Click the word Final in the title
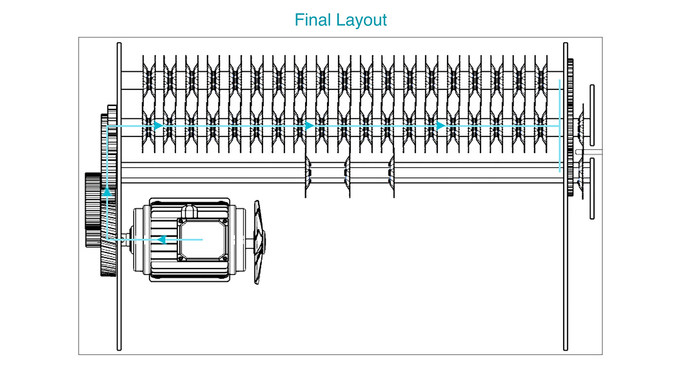309,20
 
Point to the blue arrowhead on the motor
162,240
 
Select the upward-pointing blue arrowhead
107,191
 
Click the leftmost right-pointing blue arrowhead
158,125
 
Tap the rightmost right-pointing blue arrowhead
441,125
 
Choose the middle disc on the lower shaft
348,176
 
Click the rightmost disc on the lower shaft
392,176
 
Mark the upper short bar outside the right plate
592,115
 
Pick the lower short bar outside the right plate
592,189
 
